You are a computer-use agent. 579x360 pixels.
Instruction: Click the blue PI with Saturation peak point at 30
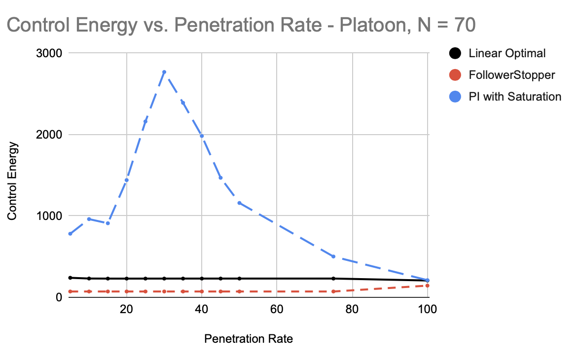(164, 72)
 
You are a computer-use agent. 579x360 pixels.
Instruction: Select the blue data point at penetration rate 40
(202, 136)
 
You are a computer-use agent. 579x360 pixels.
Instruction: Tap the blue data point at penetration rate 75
(333, 256)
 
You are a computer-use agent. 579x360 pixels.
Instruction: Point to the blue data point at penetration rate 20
(127, 180)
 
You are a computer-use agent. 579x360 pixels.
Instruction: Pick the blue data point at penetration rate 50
(239, 203)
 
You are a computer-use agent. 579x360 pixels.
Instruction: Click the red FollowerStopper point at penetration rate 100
(428, 286)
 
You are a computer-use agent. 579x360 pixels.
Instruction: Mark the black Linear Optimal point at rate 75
(333, 279)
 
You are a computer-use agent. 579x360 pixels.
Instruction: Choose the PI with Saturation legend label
(515, 97)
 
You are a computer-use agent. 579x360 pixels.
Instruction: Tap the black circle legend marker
(456, 53)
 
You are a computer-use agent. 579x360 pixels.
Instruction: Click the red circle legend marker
(456, 75)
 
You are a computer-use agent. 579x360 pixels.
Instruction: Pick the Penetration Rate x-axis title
(248, 339)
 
